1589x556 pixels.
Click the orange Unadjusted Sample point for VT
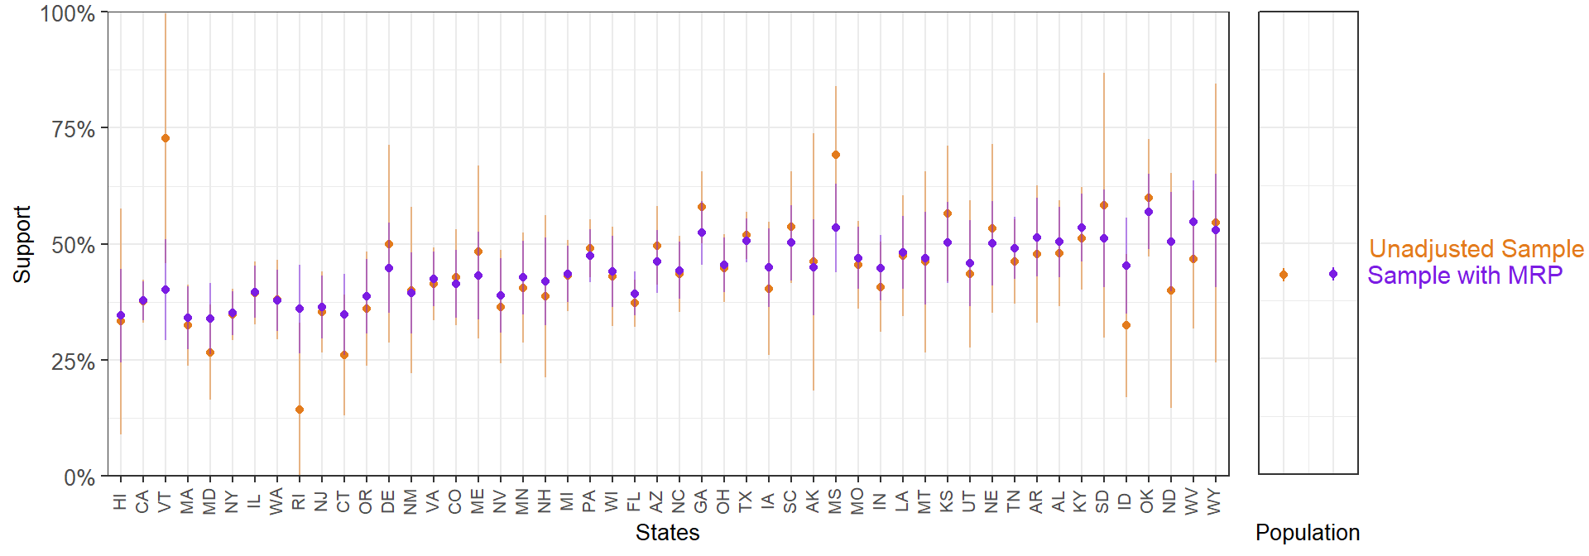166,138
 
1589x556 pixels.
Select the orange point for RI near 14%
300,410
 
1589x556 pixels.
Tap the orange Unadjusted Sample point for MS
836,155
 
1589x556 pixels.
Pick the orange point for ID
1126,325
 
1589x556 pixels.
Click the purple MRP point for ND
1171,242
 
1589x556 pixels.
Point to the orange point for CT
344,355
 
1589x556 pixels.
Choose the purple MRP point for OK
1149,212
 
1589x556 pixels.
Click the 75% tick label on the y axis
73,129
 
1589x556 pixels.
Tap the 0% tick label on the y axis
79,477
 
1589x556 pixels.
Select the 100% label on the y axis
67,13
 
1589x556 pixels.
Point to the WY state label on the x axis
1215,502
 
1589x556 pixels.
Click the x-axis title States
667,533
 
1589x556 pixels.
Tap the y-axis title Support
22,244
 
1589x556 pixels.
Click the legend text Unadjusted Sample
1476,249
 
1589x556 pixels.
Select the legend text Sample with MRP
1464,276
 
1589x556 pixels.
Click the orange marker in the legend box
1284,275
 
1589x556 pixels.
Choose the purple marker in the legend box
1333,274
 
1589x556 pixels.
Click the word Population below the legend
1307,533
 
